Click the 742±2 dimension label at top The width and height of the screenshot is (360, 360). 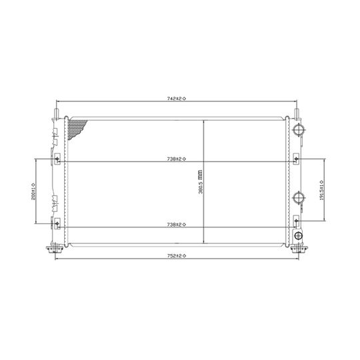coord(177,98)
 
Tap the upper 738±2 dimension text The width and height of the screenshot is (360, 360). coord(177,159)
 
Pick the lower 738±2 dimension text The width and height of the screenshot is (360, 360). coord(177,225)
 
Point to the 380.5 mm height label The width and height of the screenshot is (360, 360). coord(199,181)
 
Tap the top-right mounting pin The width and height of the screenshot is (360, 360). coord(297,107)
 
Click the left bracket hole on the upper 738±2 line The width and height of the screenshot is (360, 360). coord(57,159)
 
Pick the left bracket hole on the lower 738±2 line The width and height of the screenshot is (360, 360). coord(57,223)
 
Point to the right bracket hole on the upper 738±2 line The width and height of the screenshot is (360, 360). coord(297,159)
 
